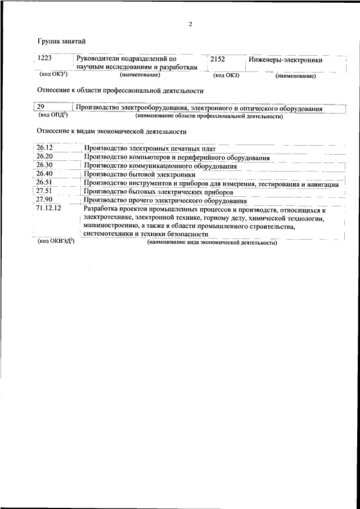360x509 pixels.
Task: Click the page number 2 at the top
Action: [191, 24]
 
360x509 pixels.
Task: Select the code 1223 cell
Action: [44, 58]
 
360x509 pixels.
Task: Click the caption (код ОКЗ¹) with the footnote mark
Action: [53, 74]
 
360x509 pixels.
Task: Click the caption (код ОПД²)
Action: [53, 116]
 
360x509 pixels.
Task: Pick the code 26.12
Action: [44, 148]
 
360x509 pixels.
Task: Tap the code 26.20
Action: [44, 156]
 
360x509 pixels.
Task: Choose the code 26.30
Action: [44, 165]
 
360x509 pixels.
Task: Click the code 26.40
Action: [44, 174]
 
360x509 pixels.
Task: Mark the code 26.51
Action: [44, 183]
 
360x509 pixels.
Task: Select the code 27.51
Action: [44, 191]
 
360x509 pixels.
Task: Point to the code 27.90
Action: [44, 200]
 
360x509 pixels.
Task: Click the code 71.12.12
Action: [48, 209]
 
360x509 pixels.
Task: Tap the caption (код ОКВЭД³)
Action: [56, 241]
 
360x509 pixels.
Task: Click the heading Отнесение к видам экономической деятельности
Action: [111, 132]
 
